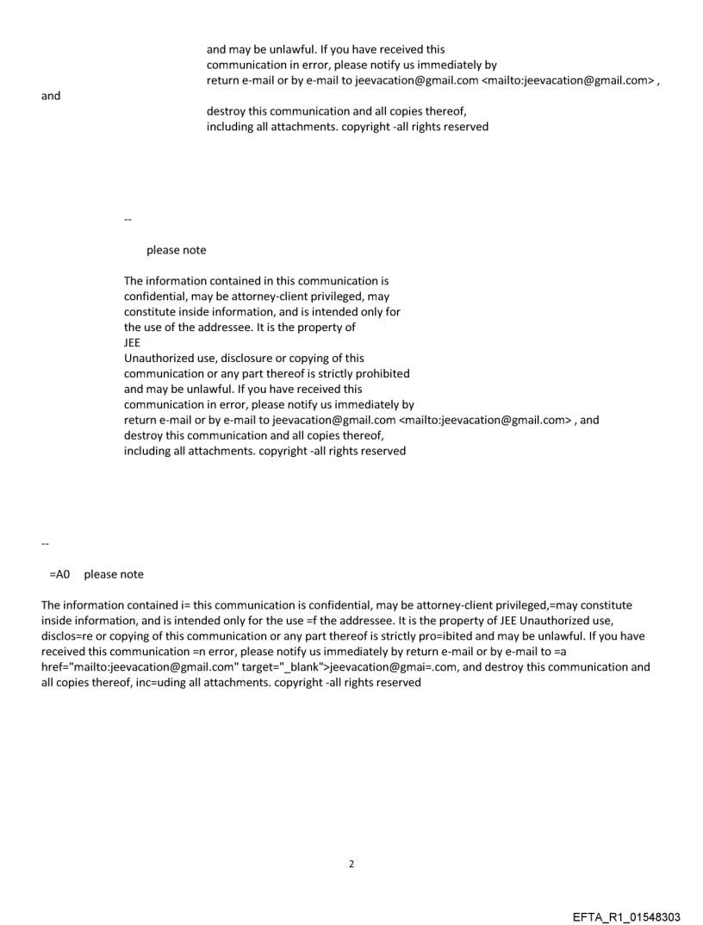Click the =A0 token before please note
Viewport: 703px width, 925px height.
(x=59, y=574)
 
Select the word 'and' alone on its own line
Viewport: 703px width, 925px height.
(x=51, y=96)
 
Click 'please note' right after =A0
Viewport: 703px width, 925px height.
(x=114, y=574)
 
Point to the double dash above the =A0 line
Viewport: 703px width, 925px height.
(x=45, y=544)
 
